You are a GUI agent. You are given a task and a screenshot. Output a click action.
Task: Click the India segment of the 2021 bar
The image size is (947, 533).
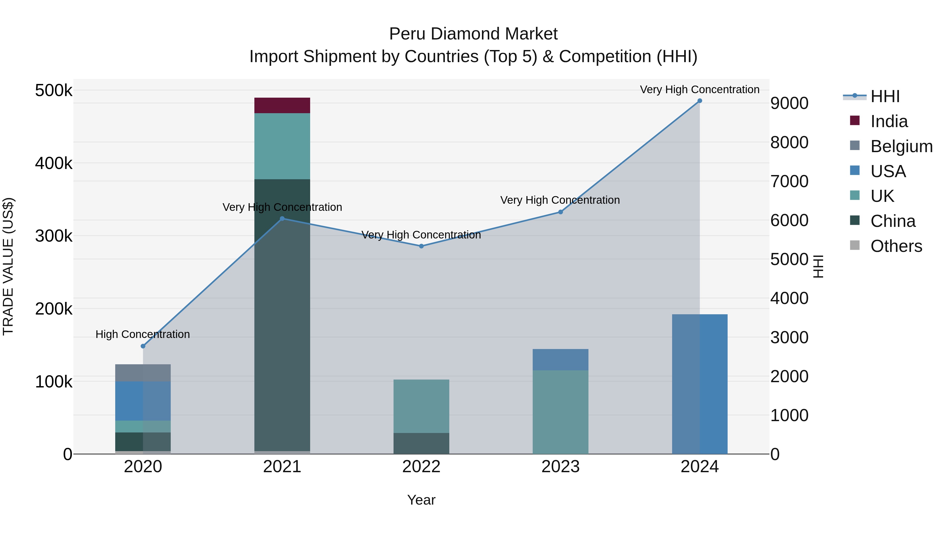(x=282, y=106)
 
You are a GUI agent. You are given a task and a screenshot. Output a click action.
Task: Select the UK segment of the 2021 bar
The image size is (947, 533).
(x=282, y=146)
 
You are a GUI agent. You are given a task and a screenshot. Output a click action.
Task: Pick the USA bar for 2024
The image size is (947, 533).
(x=699, y=384)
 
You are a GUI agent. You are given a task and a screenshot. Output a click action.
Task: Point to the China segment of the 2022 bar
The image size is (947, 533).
(x=421, y=443)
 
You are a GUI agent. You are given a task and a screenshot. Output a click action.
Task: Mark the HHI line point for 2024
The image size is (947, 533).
(x=699, y=101)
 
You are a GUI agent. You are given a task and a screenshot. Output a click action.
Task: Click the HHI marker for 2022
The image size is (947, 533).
(x=421, y=246)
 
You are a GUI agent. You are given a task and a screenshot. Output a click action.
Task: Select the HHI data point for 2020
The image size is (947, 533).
(x=143, y=346)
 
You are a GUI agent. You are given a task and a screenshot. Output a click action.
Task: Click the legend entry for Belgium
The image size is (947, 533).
(x=901, y=146)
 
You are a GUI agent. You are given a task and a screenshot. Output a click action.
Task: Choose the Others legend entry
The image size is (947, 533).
(x=896, y=246)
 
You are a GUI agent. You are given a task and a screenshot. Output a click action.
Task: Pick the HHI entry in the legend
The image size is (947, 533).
(x=885, y=96)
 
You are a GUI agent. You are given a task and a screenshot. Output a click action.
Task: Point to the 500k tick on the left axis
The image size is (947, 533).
(x=54, y=91)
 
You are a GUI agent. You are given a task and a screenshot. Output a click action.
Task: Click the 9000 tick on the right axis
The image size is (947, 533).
(x=789, y=103)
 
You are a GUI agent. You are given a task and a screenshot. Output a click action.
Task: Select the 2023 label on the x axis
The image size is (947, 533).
(x=560, y=467)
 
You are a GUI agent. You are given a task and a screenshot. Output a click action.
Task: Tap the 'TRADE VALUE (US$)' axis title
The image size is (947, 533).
(x=8, y=266)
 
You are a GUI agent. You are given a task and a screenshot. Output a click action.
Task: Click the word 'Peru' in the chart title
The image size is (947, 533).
(x=407, y=34)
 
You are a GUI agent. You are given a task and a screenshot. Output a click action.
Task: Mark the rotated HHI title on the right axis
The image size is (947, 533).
(x=818, y=266)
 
